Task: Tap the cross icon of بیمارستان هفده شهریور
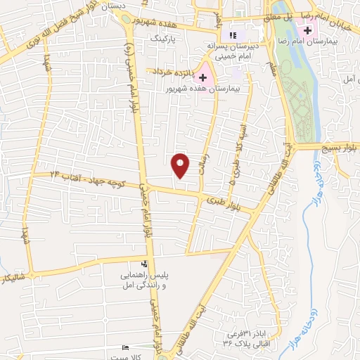tap(204, 77)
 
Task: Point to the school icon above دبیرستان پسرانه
tap(233, 34)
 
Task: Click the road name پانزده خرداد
tap(169, 71)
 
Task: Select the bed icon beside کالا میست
tap(126, 349)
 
